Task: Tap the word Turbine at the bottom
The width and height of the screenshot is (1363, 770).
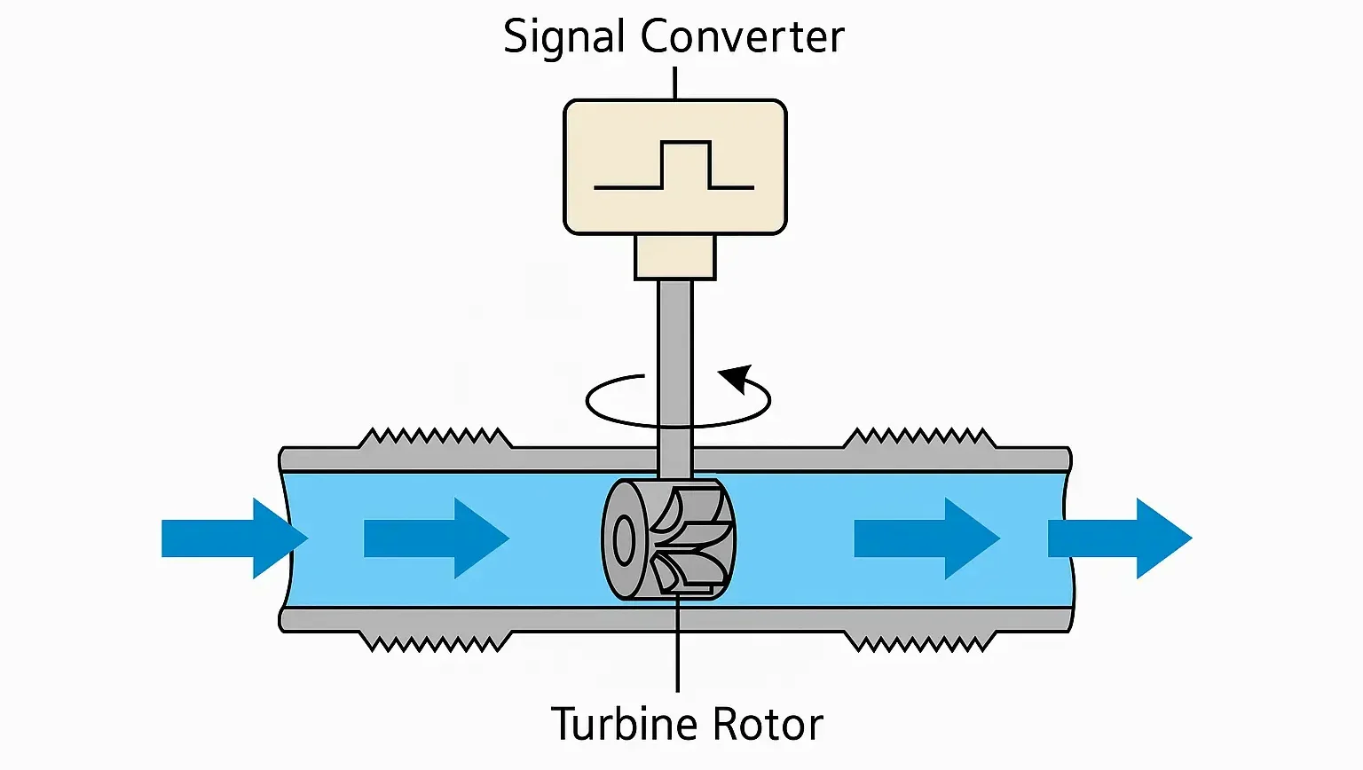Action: [626, 724]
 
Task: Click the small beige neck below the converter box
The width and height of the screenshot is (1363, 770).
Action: [674, 257]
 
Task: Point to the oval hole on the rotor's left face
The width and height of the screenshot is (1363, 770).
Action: [624, 540]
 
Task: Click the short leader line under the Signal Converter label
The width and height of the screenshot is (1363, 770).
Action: [675, 82]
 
